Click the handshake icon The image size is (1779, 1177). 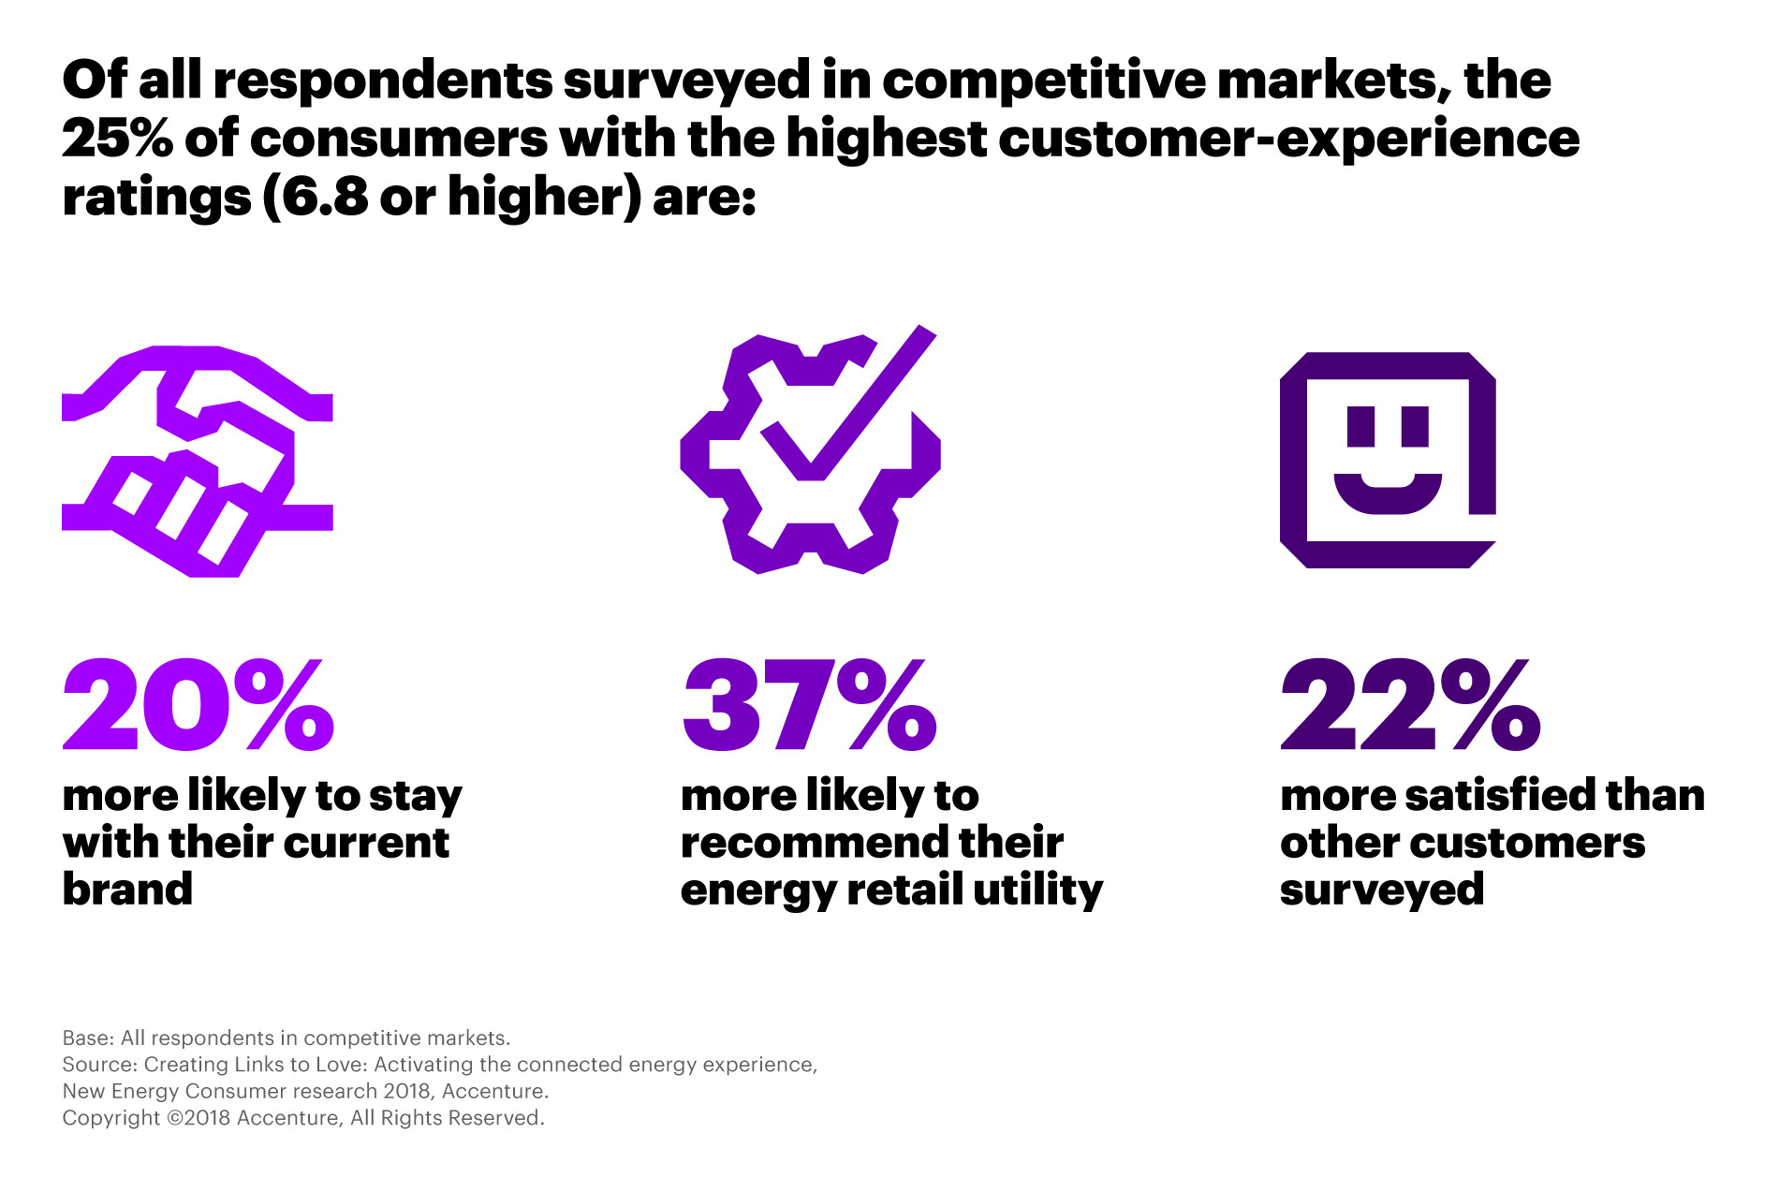click(x=197, y=461)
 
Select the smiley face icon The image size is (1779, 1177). click(x=1388, y=460)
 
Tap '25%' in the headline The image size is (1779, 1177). click(x=118, y=139)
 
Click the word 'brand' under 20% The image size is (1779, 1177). click(x=127, y=889)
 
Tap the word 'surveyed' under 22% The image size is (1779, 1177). click(x=1382, y=890)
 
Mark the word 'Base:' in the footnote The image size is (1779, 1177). click(x=88, y=1037)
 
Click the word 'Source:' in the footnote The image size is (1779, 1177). click(x=99, y=1065)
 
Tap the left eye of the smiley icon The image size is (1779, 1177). click(x=1360, y=426)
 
